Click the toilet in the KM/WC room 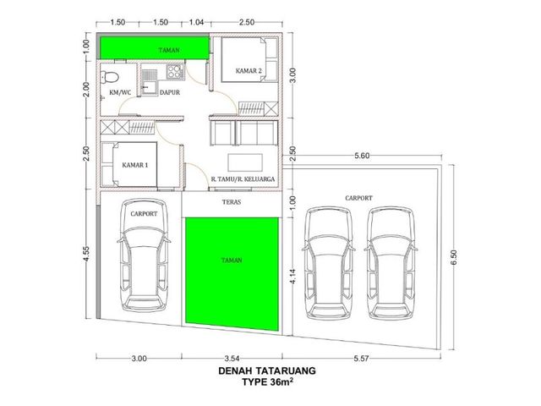point(109,77)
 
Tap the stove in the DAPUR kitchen point(174,71)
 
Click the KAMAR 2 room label point(249,71)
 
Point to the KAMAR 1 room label point(135,165)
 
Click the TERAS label point(232,202)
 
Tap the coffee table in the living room point(245,162)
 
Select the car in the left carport point(144,255)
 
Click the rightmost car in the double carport point(391,263)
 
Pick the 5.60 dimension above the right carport point(362,156)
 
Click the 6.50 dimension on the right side point(454,257)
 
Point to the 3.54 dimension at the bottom point(232,359)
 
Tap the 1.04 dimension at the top point(196,23)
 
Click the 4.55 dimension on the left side point(86,254)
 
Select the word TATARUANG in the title point(286,370)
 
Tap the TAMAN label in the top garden point(169,50)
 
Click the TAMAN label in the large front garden point(232,260)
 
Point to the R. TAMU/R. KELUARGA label point(243,179)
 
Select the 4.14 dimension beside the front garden point(292,277)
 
